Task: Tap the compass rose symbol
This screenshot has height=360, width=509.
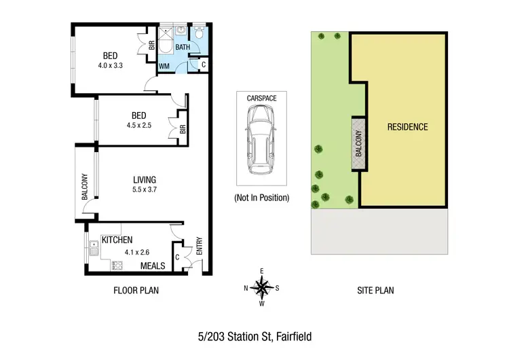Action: [x=261, y=289]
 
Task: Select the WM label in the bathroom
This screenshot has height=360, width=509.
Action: [x=164, y=66]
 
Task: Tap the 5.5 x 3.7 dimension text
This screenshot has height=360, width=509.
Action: [x=145, y=190]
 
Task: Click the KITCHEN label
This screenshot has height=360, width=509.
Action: [x=117, y=240]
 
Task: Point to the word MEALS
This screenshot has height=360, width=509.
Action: [x=153, y=266]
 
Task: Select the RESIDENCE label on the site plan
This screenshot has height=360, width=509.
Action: [x=407, y=126]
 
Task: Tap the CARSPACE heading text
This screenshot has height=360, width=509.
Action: [x=262, y=98]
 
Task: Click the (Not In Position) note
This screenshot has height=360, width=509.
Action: [x=262, y=198]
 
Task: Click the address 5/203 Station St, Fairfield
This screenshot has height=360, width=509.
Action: [x=254, y=336]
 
